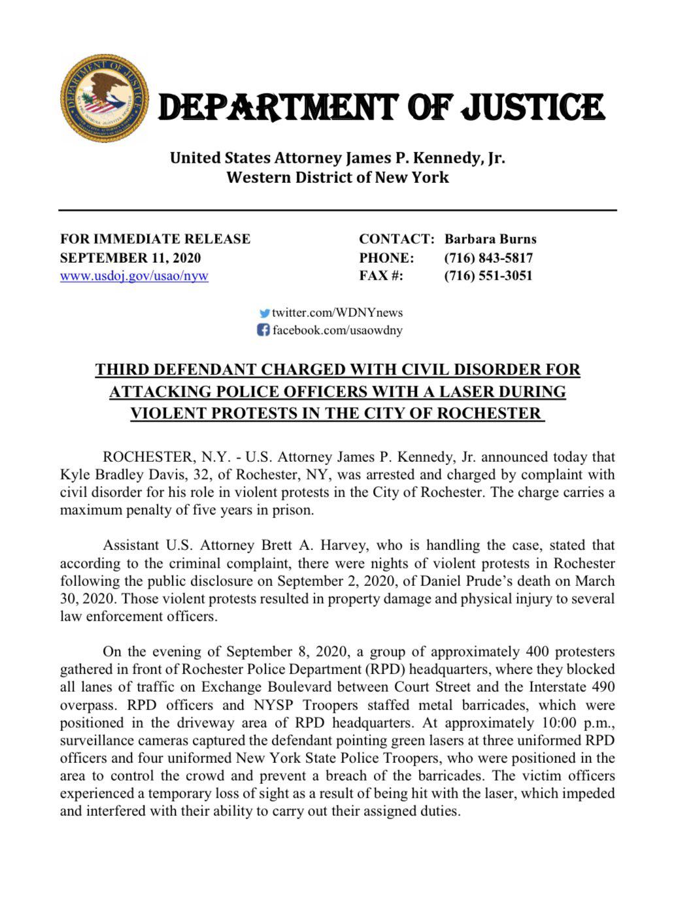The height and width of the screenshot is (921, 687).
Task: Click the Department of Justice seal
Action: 105,98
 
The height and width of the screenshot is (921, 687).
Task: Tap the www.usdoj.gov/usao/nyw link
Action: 134,276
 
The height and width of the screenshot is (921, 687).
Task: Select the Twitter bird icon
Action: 264,313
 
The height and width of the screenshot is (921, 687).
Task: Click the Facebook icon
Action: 263,330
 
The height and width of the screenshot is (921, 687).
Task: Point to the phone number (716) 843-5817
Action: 488,257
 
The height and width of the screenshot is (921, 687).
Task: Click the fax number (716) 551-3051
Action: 488,276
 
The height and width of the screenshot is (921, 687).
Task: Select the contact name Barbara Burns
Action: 490,239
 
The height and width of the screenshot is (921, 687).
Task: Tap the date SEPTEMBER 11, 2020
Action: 131,257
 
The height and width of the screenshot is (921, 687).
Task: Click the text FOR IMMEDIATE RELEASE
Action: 155,239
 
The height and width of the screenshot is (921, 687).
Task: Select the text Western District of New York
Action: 337,177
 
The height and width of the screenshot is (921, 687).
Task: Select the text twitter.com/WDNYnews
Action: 337,313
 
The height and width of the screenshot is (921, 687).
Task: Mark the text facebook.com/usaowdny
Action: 337,330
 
